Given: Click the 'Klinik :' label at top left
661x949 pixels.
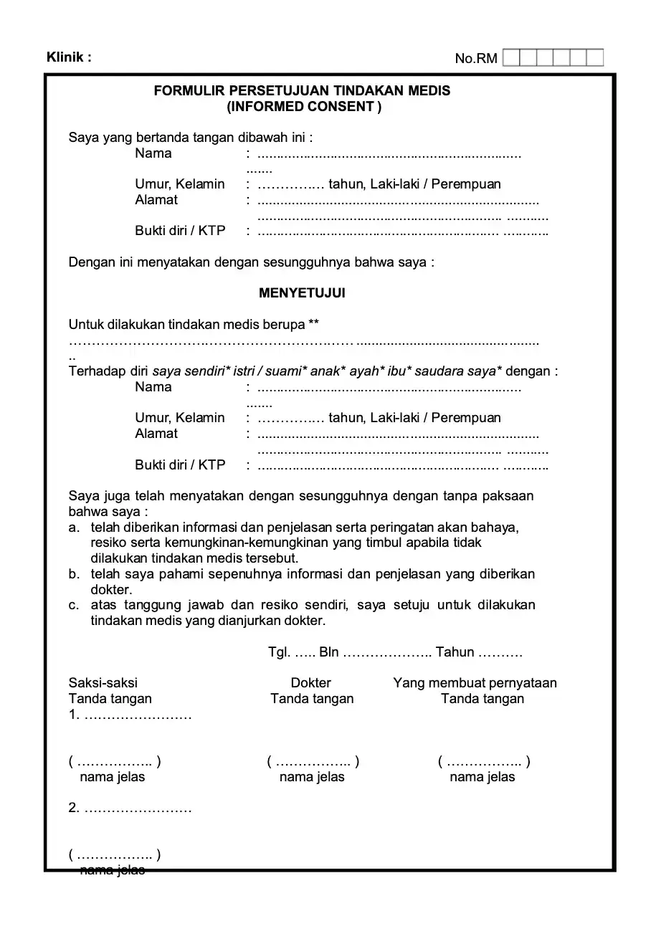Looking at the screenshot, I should [x=69, y=57].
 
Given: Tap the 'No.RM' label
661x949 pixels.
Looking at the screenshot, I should [x=476, y=59].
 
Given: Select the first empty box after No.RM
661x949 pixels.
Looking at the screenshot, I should [x=511, y=58].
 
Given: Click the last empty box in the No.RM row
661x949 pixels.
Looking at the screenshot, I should [x=595, y=58].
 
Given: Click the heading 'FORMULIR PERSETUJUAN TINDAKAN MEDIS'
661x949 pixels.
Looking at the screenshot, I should [x=303, y=91].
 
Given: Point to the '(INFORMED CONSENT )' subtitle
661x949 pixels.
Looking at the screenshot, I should [x=304, y=107].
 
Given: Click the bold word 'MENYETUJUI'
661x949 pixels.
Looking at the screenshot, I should [x=302, y=293].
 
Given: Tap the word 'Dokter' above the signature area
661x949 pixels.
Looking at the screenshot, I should [x=311, y=683].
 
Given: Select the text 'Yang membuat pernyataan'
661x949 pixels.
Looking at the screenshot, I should [x=475, y=683].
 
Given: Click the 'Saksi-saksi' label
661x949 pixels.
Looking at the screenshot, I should [x=103, y=683].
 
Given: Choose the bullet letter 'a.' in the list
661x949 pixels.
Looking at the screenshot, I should [x=74, y=528].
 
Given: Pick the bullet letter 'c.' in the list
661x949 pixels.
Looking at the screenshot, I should [x=74, y=605].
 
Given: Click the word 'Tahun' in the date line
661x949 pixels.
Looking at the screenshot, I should [x=455, y=652].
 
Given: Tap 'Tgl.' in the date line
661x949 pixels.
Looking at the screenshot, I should [x=279, y=652].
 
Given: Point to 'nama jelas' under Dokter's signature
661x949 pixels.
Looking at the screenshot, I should [x=312, y=777].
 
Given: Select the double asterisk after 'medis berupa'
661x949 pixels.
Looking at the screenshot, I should [x=313, y=324].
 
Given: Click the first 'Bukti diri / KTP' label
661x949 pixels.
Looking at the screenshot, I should [x=180, y=231].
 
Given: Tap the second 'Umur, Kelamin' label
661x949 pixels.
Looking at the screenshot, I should [x=180, y=418].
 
